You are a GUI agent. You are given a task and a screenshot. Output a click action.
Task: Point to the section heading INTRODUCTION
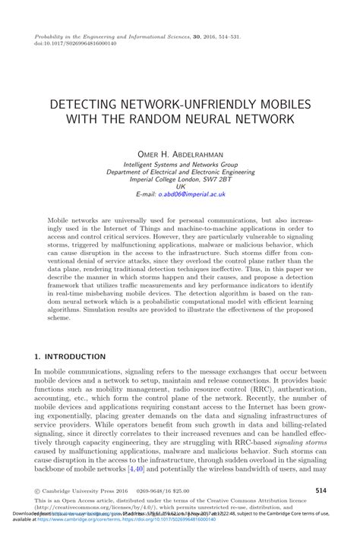[75, 356]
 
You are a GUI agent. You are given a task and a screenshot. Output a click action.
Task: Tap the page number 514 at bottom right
[321, 491]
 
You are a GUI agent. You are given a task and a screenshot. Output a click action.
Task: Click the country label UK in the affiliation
[180, 187]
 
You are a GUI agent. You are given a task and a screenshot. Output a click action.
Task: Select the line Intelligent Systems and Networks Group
[180, 164]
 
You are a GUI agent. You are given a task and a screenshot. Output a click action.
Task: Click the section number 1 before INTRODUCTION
[37, 356]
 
